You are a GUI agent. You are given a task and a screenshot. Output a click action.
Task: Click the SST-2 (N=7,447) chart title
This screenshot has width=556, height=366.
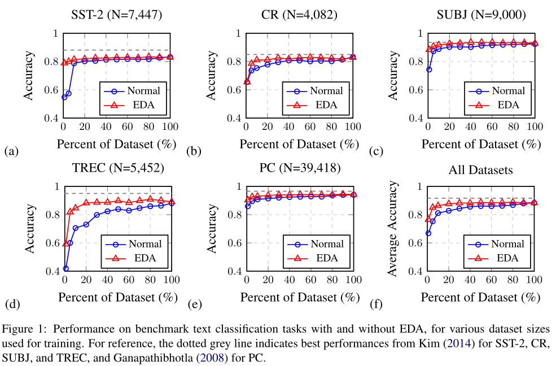(117, 15)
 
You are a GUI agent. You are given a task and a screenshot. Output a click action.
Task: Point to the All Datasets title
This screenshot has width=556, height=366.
(481, 169)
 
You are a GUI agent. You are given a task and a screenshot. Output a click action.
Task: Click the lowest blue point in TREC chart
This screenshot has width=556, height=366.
(66, 268)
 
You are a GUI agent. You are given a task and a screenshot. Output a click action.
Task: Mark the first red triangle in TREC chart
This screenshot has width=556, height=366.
(66, 243)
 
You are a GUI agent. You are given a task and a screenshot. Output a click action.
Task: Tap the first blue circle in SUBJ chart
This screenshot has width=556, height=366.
(429, 69)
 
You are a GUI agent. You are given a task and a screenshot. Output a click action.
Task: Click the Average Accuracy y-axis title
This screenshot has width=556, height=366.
(393, 229)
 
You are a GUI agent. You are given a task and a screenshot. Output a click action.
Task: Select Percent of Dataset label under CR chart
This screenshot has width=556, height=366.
(300, 144)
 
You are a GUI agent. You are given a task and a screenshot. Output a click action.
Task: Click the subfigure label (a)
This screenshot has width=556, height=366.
(11, 151)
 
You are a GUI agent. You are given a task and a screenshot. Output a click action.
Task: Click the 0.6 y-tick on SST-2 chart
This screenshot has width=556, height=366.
(51, 90)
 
